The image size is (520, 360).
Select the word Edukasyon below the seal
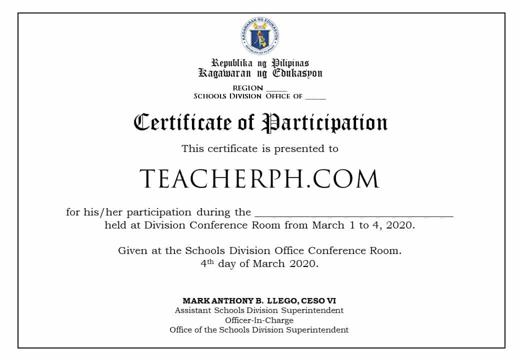pyautogui.click(x=297, y=73)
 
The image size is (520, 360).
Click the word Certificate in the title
pyautogui.click(x=183, y=122)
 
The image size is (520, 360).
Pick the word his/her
pyautogui.click(x=100, y=212)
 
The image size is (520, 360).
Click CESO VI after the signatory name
pyautogui.click(x=318, y=301)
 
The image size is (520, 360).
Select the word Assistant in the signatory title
pyautogui.click(x=193, y=310)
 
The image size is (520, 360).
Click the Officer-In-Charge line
pyautogui.click(x=259, y=320)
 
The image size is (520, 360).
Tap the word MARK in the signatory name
pyautogui.click(x=193, y=301)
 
